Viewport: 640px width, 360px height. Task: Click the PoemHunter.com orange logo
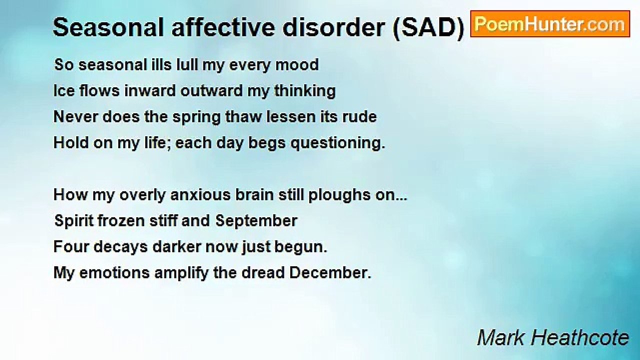550,24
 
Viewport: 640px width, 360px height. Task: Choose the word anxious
200,195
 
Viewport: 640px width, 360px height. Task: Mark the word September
256,221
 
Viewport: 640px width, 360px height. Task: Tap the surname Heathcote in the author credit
584,338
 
